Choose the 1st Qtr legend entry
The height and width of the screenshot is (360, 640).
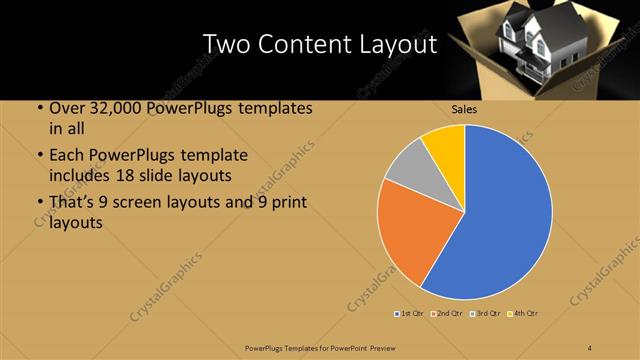(x=411, y=313)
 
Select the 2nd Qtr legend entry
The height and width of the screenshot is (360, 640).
(x=446, y=313)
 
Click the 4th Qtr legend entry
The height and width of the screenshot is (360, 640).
(x=521, y=313)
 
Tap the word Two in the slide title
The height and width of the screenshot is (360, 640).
(x=230, y=44)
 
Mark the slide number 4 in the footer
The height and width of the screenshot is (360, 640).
(x=590, y=346)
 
